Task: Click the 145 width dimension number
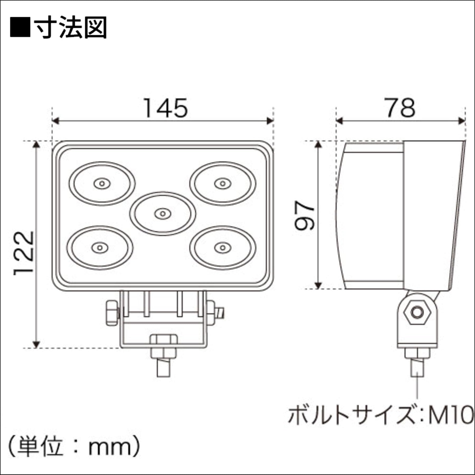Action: pyautogui.click(x=165, y=108)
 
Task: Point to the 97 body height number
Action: pyautogui.click(x=305, y=216)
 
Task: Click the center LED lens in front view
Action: pyautogui.click(x=163, y=213)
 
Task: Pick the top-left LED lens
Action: pyautogui.click(x=102, y=183)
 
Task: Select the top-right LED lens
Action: pyautogui.click(x=223, y=183)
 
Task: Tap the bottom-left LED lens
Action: pyautogui.click(x=100, y=248)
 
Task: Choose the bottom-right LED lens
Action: pyautogui.click(x=223, y=248)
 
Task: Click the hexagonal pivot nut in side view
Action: pyautogui.click(x=417, y=313)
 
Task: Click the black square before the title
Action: pyautogui.click(x=20, y=27)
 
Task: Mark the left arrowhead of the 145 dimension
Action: pyautogui.click(x=56, y=121)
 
